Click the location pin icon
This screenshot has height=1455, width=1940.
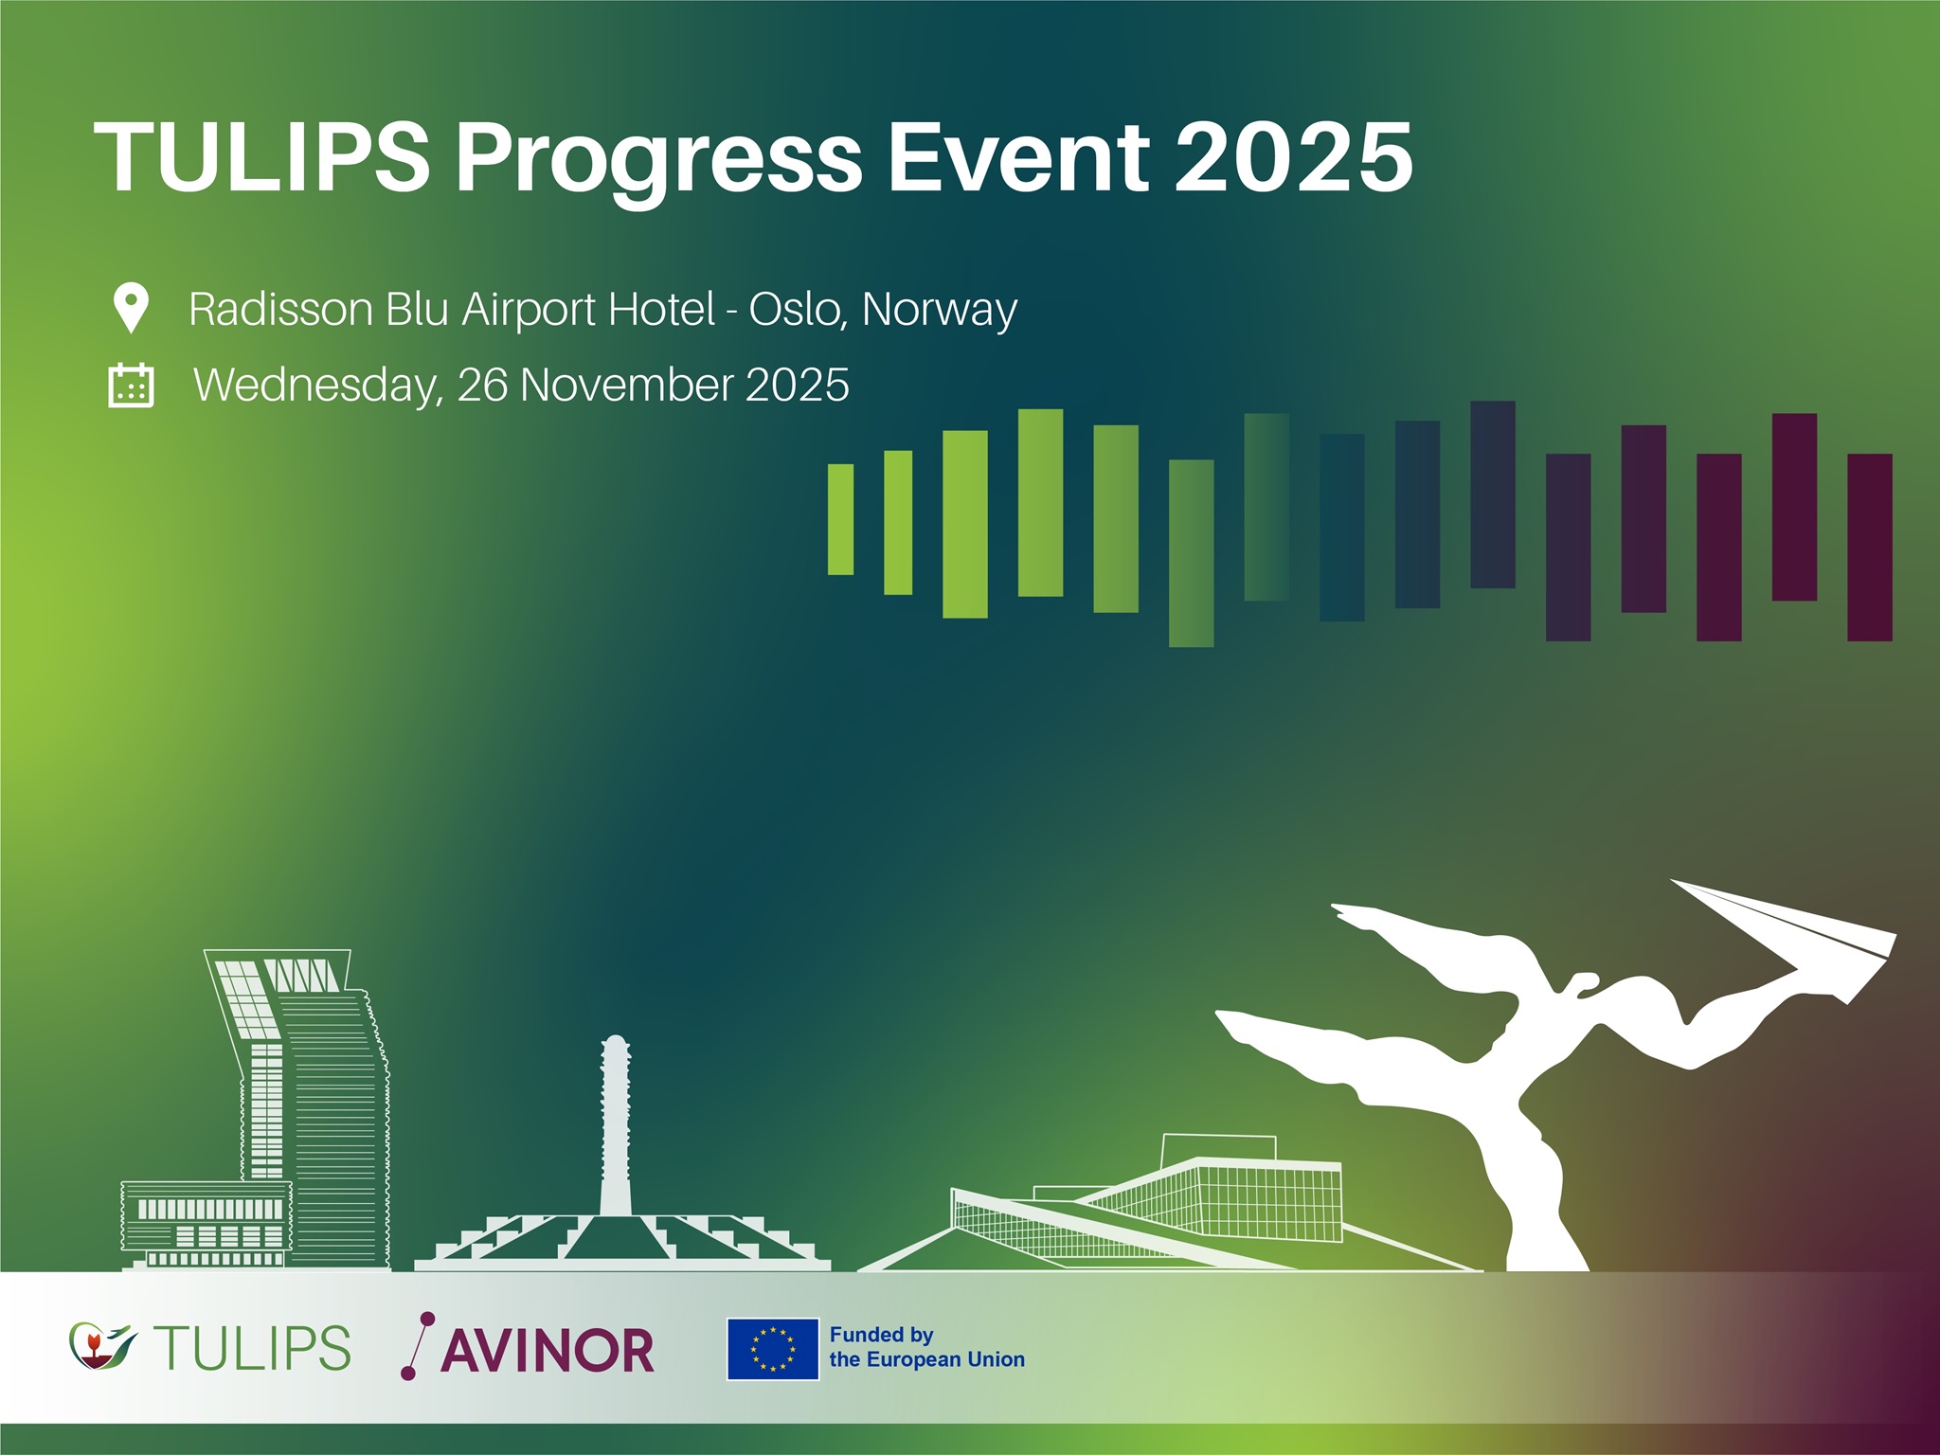click(x=131, y=308)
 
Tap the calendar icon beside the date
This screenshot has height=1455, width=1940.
click(x=131, y=385)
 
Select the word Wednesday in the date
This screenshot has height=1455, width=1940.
click(x=318, y=386)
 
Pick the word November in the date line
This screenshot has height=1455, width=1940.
click(x=626, y=385)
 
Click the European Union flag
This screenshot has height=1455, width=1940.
click(x=773, y=1349)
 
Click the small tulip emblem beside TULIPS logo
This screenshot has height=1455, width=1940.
click(x=102, y=1346)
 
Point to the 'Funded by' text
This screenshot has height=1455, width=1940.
click(x=882, y=1336)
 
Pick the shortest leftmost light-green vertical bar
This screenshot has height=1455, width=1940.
click(x=840, y=519)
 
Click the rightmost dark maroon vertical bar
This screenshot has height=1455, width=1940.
click(x=1870, y=548)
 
